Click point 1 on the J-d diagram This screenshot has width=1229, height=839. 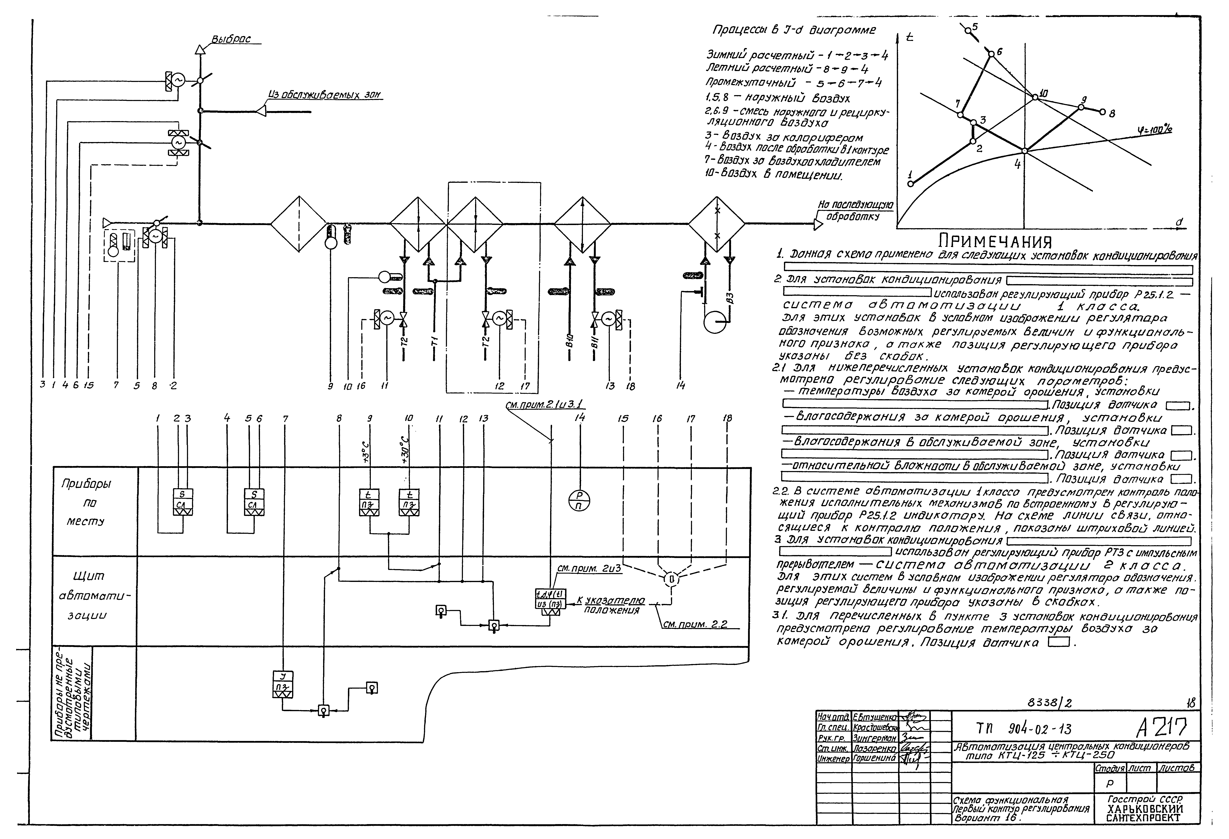[910, 183]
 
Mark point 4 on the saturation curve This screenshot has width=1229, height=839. [1024, 151]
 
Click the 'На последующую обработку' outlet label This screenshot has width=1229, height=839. [855, 210]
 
